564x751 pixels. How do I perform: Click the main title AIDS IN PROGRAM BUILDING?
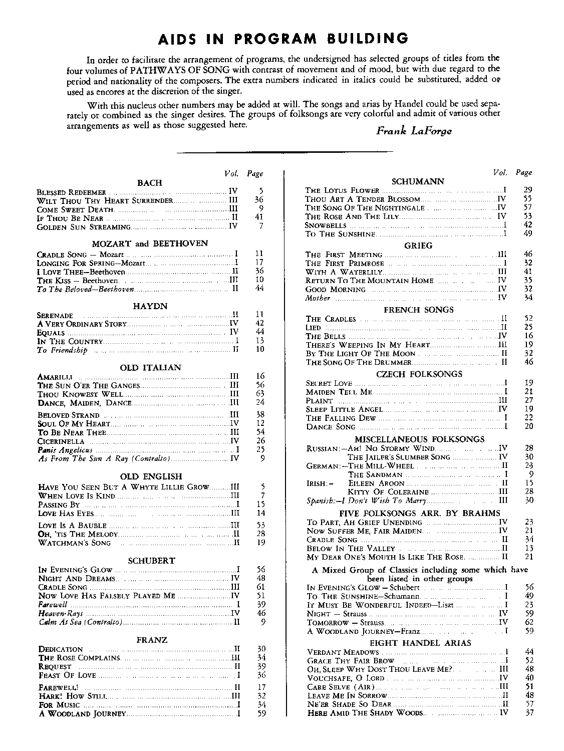(x=283, y=39)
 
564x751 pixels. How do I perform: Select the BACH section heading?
(x=149, y=183)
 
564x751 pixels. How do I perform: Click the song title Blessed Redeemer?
(x=72, y=192)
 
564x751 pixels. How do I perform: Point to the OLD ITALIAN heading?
(x=150, y=367)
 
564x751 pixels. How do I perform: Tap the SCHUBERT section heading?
(x=151, y=561)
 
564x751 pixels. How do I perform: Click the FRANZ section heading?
(x=152, y=640)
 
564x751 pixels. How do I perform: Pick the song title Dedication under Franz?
(x=61, y=649)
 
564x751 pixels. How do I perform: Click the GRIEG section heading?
(x=418, y=245)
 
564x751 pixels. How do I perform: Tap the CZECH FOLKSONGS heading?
(x=419, y=374)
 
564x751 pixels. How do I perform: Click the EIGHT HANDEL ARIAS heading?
(x=420, y=643)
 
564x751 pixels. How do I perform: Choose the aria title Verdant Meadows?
(x=343, y=652)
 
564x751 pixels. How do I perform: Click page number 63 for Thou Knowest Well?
(x=259, y=394)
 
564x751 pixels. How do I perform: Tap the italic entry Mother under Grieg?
(x=318, y=298)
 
